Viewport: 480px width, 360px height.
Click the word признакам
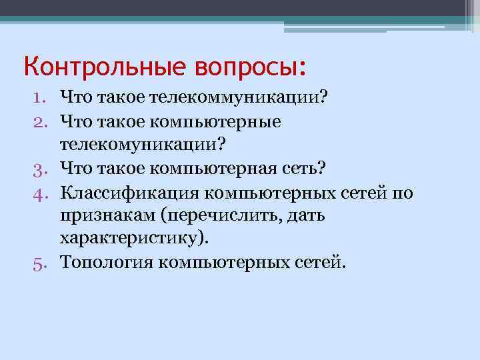coord(107,216)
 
